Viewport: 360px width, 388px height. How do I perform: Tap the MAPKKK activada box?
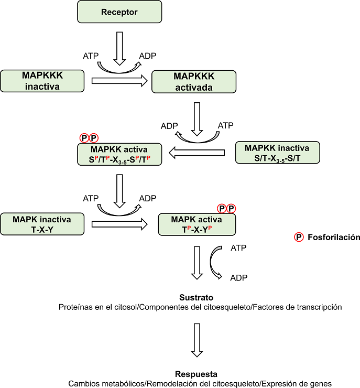point(193,82)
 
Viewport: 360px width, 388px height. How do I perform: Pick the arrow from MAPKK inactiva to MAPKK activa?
point(197,153)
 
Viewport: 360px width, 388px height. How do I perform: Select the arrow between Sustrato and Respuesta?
point(197,340)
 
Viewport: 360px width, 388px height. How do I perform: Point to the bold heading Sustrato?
point(197,297)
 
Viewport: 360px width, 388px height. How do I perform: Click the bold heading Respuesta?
point(197,374)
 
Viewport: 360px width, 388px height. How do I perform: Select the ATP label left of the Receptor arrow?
point(91,56)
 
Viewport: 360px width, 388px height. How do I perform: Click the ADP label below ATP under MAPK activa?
point(239,278)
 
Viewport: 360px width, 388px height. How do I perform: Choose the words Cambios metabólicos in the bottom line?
point(99,383)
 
